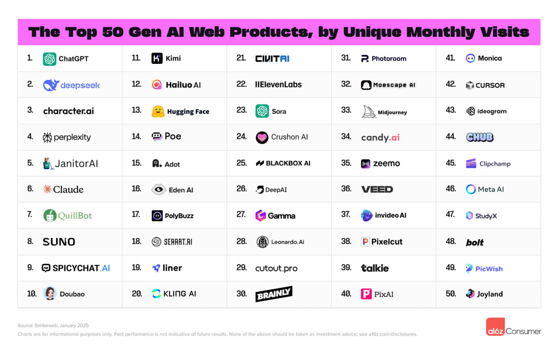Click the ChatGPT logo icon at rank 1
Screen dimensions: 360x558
pos(49,59)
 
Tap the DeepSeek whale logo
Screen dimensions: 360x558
pos(51,85)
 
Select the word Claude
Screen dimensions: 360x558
pos(68,190)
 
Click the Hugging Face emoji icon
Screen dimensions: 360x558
pos(158,112)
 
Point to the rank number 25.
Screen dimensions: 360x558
pos(242,163)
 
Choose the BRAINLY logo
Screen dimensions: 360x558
pos(274,294)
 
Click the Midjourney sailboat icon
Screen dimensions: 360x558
pos(369,112)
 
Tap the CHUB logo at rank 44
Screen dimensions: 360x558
pos(480,137)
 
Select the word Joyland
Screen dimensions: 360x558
pos(490,294)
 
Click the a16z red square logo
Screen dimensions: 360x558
pos(495,327)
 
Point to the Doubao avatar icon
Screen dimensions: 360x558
pos(50,293)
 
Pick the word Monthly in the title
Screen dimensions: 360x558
pos(441,32)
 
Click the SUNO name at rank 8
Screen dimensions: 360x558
pos(59,242)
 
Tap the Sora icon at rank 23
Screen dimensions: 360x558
pos(262,111)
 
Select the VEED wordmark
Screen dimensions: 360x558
pos(377,190)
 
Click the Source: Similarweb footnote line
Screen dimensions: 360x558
pos(53,325)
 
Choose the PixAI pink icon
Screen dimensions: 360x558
pos(366,294)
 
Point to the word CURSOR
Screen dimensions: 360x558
pos(490,86)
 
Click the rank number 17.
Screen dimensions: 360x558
pos(136,215)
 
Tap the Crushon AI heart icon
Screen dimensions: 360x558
pos(262,138)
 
